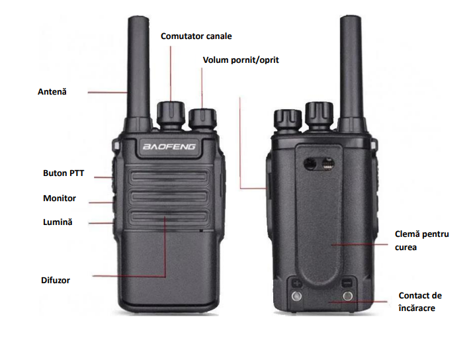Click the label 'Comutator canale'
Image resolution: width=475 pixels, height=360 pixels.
tap(196, 36)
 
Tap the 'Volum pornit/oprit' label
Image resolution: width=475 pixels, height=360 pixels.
tap(241, 60)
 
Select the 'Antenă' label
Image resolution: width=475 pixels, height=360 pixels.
tap(52, 91)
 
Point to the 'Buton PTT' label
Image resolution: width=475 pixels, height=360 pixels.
tap(64, 173)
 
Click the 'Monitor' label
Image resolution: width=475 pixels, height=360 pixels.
tap(60, 198)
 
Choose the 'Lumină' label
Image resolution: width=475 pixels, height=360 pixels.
tap(58, 222)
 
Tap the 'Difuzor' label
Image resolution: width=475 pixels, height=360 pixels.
tap(56, 280)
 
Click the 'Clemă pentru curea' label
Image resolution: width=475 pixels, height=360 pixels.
tap(421, 241)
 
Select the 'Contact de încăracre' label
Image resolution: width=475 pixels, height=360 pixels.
tap(420, 302)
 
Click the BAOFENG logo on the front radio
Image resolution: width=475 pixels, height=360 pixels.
tap(169, 147)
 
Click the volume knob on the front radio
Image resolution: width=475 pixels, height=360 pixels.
tap(202, 119)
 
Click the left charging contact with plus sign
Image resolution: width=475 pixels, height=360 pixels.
tap(296, 296)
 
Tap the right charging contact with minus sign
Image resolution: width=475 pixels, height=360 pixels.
tap(347, 296)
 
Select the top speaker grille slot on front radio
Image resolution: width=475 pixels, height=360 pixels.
tap(169, 177)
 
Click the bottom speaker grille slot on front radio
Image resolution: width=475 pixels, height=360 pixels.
tap(169, 216)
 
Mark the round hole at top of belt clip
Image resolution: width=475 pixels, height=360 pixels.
tap(310, 164)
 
